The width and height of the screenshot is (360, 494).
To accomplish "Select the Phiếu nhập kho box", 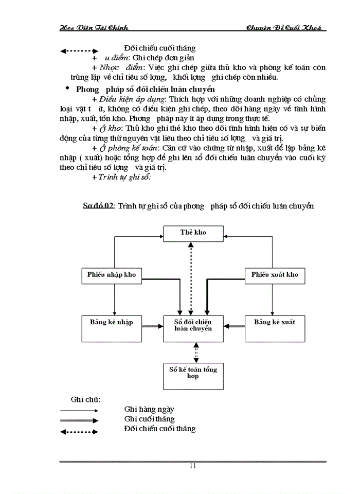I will (x=112, y=275).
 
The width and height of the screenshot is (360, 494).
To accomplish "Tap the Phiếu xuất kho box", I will (x=274, y=275).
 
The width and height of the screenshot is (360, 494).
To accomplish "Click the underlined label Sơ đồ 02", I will (x=99, y=206).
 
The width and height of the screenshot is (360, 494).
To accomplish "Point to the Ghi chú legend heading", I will (x=85, y=399).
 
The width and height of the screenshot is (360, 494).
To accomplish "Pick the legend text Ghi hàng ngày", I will (x=149, y=410).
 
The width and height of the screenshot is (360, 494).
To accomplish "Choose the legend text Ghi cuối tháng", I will (x=149, y=419).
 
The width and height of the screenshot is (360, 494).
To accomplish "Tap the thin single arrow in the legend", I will (x=79, y=411).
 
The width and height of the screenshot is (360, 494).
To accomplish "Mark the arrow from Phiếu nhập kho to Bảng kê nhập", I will (x=114, y=299).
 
